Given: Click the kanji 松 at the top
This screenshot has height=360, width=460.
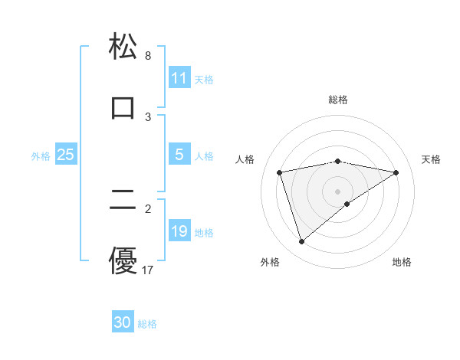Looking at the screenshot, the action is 123,47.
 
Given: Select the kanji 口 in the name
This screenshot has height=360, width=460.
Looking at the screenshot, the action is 123,106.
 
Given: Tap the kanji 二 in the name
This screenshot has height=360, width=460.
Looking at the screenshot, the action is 123,201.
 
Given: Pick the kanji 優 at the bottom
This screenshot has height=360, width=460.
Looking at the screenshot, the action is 123,260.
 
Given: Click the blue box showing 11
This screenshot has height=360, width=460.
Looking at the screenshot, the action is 179,78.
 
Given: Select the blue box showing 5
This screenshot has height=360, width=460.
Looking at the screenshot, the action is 179,155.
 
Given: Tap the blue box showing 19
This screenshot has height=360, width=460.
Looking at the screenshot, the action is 179,231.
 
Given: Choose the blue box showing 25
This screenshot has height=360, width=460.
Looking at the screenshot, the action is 66,155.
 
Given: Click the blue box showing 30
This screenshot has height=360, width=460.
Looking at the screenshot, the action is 123,322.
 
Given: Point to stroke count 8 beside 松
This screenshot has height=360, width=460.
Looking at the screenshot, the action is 148,56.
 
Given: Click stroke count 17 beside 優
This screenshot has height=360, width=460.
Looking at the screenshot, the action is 149,270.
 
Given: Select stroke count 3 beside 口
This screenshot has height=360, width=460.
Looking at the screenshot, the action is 148,116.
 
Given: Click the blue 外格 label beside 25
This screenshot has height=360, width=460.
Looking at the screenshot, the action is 41,155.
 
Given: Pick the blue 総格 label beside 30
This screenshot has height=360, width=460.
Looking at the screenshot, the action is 147,324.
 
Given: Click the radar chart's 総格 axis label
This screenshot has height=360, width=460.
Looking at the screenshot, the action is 338,100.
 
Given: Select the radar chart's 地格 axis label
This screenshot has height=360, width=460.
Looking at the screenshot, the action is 402,262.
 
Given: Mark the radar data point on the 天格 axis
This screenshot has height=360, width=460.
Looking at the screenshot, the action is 396,172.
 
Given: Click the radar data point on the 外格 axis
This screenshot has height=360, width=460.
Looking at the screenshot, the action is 301,242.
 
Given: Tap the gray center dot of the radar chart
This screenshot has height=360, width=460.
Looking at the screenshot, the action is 338,191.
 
